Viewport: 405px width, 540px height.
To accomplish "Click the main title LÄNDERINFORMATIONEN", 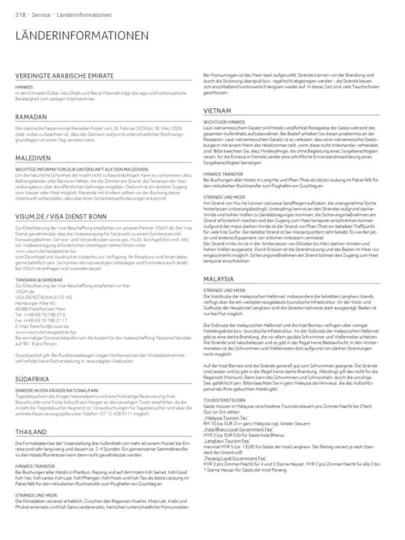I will pyautogui.click(x=82, y=36).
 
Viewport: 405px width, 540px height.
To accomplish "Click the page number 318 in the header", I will pyautogui.click(x=21, y=15).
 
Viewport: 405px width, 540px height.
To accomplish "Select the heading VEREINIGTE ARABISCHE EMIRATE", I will pyautogui.click(x=64, y=76).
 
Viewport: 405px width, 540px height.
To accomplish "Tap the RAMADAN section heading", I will pyautogui.click(x=31, y=117).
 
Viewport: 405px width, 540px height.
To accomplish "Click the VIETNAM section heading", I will pyautogui.click(x=217, y=111).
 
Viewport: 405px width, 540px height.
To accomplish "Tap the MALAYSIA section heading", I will pyautogui.click(x=218, y=279).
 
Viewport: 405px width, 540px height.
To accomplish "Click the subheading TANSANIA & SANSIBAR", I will pyautogui.click(x=38, y=280).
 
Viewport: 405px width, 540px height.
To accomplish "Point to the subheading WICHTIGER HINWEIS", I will pyautogui.click(x=224, y=122).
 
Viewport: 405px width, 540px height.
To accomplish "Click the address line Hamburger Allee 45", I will pyautogui.click(x=35, y=303).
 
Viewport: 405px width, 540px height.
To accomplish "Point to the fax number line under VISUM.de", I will pyautogui.click(x=41, y=320).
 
